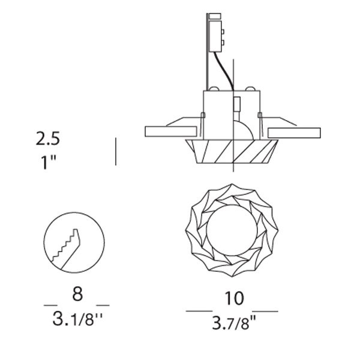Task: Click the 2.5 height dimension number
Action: pyautogui.click(x=48, y=139)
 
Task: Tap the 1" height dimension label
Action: pyautogui.click(x=49, y=162)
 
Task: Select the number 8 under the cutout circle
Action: pyautogui.click(x=77, y=294)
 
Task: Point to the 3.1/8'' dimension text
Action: pyautogui.click(x=77, y=319)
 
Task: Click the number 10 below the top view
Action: pyautogui.click(x=234, y=298)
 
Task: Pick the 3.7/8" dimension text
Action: pyautogui.click(x=234, y=323)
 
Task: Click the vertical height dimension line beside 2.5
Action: pyautogui.click(x=116, y=152)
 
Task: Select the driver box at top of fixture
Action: pyautogui.click(x=215, y=36)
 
